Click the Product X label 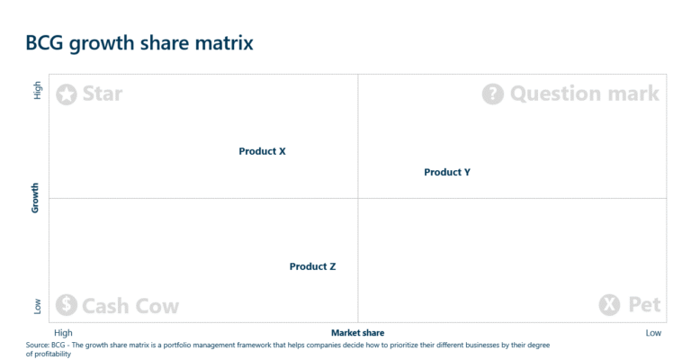tap(262, 151)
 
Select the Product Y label tap(447, 172)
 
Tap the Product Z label tap(312, 266)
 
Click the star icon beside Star tap(67, 94)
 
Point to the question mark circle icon tap(492, 94)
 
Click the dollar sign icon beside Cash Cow tap(66, 306)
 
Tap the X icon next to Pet tap(609, 305)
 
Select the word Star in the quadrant tap(102, 94)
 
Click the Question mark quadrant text tap(584, 94)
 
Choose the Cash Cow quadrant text tap(130, 306)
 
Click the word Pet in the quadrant tap(644, 305)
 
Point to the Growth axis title tap(36, 198)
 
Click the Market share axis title tap(357, 333)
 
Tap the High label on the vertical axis tap(37, 90)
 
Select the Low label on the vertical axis tap(37, 307)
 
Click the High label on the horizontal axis tap(63, 333)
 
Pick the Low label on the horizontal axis tap(653, 333)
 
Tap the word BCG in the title tap(44, 43)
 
